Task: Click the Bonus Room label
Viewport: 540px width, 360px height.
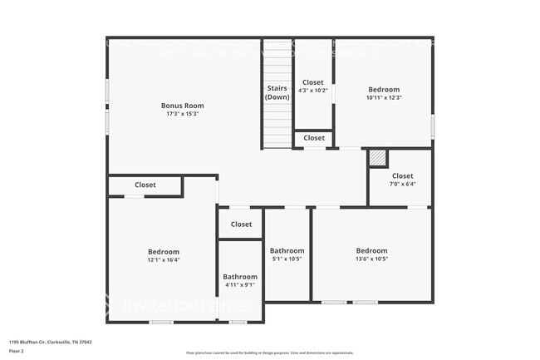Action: click(x=182, y=106)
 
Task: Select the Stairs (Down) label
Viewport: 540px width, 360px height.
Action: click(x=277, y=92)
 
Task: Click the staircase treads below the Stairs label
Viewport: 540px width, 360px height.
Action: click(x=277, y=125)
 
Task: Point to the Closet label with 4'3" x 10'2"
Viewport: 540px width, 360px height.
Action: click(x=313, y=82)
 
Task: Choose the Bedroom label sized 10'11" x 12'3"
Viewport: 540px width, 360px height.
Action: click(x=384, y=90)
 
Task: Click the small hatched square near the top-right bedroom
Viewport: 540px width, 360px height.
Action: click(x=378, y=157)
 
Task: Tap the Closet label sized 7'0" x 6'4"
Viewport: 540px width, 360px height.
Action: click(x=402, y=176)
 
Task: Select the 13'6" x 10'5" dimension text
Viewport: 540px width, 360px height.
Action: click(x=371, y=259)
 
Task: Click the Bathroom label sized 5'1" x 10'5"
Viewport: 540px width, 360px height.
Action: click(x=287, y=250)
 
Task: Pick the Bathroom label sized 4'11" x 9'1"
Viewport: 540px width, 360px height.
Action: click(x=239, y=277)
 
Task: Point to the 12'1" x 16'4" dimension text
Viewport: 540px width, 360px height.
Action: click(x=164, y=259)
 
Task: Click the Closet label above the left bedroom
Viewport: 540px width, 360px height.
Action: click(x=145, y=185)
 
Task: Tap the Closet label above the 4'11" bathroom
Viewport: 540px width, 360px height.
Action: click(x=241, y=224)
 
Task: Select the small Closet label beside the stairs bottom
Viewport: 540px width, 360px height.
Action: click(x=314, y=138)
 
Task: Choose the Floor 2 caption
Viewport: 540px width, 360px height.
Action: click(x=17, y=352)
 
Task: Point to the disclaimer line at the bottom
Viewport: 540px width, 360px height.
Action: click(x=271, y=353)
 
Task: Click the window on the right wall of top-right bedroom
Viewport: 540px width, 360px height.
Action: click(x=432, y=125)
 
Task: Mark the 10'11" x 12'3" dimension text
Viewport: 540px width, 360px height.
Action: click(x=384, y=97)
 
